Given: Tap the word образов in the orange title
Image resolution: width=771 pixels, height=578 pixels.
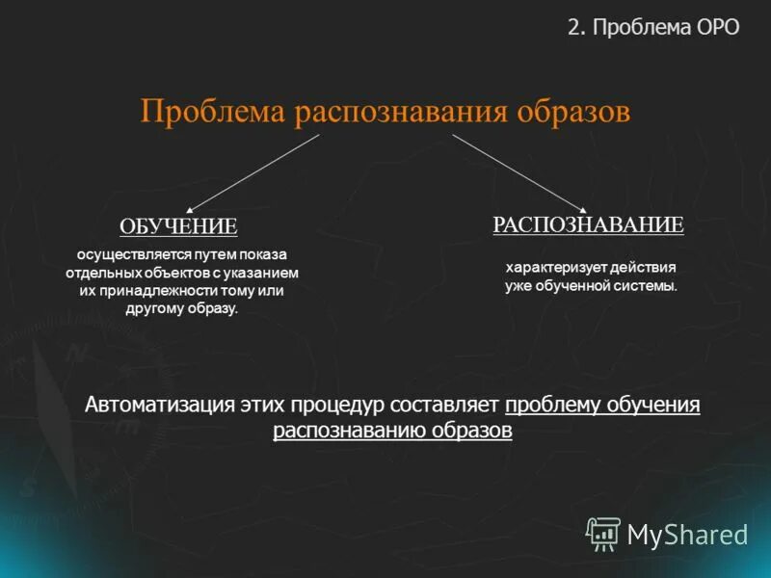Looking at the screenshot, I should [573, 111].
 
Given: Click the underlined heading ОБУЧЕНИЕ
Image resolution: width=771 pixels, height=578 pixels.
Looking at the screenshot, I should [178, 227].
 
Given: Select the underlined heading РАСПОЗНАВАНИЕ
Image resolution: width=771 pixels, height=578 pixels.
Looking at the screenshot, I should [588, 225].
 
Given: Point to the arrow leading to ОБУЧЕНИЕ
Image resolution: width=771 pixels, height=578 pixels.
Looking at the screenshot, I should [253, 172].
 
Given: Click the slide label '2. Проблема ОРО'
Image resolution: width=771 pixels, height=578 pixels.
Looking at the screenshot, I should [653, 27].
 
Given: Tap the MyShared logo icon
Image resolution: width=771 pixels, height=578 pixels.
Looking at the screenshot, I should [603, 533].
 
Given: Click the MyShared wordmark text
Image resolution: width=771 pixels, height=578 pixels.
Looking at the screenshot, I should [687, 534].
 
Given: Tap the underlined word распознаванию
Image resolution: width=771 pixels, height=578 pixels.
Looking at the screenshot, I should [349, 431].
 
